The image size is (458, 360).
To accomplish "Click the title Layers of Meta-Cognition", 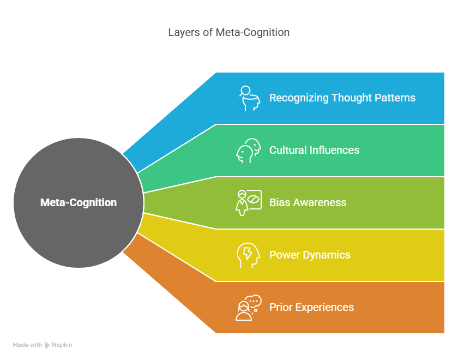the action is (x=228, y=32).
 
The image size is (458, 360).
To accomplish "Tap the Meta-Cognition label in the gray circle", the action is (x=79, y=202).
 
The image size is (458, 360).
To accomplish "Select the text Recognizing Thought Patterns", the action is (x=342, y=98).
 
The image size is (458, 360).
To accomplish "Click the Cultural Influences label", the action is (x=314, y=150).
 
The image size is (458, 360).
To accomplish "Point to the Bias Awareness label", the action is (x=308, y=202).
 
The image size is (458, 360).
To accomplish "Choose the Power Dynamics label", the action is (x=310, y=255).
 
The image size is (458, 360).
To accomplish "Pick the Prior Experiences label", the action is (x=311, y=308).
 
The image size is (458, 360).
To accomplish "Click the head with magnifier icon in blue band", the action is (x=249, y=98).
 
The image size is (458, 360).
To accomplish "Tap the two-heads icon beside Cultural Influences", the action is (x=249, y=151).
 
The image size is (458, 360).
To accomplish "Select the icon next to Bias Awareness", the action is (x=249, y=203).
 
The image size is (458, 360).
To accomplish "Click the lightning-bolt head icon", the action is (x=248, y=255).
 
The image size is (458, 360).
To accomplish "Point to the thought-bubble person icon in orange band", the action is (x=249, y=308).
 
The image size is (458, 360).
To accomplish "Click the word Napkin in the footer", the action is (x=62, y=345).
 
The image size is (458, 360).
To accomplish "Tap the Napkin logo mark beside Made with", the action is (x=47, y=345).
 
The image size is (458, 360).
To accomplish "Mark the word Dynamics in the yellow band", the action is (x=327, y=255).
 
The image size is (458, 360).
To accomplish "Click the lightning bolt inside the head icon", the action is (x=248, y=253).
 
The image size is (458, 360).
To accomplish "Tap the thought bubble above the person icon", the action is (x=253, y=302).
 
